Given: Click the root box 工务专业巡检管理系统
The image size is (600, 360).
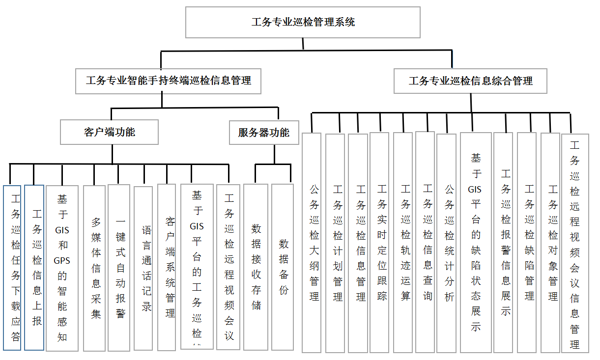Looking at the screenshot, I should pos(303,22).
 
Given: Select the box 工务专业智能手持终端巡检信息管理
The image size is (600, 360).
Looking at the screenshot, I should pos(168,81).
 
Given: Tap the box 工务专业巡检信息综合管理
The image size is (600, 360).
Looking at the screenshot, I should pos(470,81).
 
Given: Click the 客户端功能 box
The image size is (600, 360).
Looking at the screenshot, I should pos(109,132).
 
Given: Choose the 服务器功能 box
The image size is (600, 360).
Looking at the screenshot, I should pos(264,133).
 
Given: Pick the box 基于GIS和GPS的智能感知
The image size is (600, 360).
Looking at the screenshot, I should pos(62,268).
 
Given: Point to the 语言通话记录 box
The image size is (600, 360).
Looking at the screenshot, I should pos(143,268).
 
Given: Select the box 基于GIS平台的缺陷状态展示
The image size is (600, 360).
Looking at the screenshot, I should pos(476,243).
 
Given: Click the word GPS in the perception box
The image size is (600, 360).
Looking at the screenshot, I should pos(62,260).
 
